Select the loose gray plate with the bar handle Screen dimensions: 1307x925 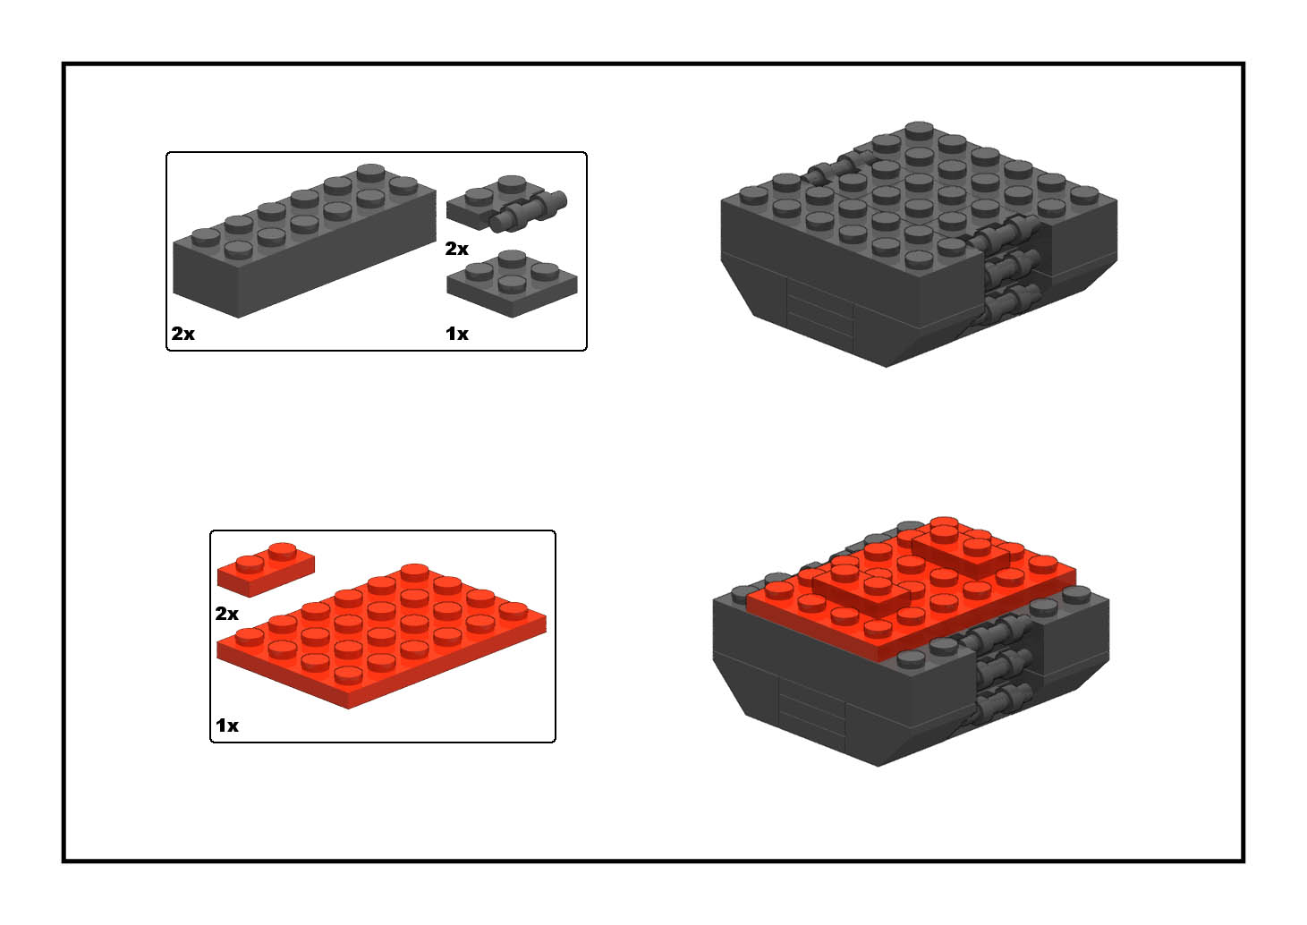tap(505, 204)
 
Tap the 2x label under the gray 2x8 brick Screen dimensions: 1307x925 tap(182, 334)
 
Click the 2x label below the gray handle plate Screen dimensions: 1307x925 tap(456, 250)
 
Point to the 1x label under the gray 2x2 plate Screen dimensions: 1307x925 tap(457, 334)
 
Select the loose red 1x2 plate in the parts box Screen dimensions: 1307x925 tap(266, 569)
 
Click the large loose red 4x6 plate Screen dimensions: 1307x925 tap(382, 636)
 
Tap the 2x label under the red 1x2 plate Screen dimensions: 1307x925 tap(227, 614)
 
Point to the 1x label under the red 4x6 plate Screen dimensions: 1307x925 tap(227, 726)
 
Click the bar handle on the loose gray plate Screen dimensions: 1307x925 tap(529, 212)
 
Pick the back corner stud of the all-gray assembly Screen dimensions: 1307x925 tap(919, 130)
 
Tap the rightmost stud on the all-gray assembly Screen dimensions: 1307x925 tap(1084, 195)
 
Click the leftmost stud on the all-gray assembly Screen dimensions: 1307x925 tap(753, 195)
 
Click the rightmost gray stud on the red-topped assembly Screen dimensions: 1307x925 tap(1076, 595)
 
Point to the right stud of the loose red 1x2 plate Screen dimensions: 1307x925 tap(283, 550)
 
